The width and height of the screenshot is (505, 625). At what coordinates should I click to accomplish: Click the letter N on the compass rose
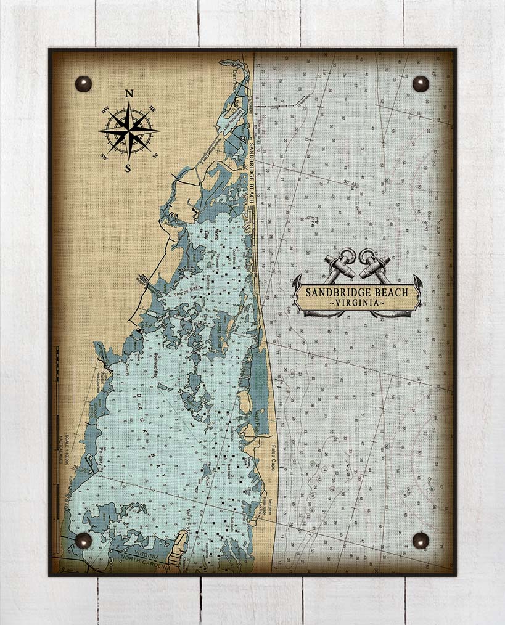pos(129,94)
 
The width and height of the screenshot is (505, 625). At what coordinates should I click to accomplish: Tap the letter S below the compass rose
pos(128,166)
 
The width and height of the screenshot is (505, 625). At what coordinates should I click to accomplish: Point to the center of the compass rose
pos(129,130)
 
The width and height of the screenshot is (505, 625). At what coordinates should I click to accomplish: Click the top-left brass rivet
pos(83,84)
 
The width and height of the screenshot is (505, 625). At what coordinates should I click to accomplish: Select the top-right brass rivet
pos(421,84)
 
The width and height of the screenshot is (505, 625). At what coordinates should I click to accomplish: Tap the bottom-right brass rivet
pos(421,541)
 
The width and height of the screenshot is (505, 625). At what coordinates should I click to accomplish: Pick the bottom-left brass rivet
pos(83,541)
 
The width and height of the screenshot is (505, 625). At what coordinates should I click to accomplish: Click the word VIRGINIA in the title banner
pos(358,304)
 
